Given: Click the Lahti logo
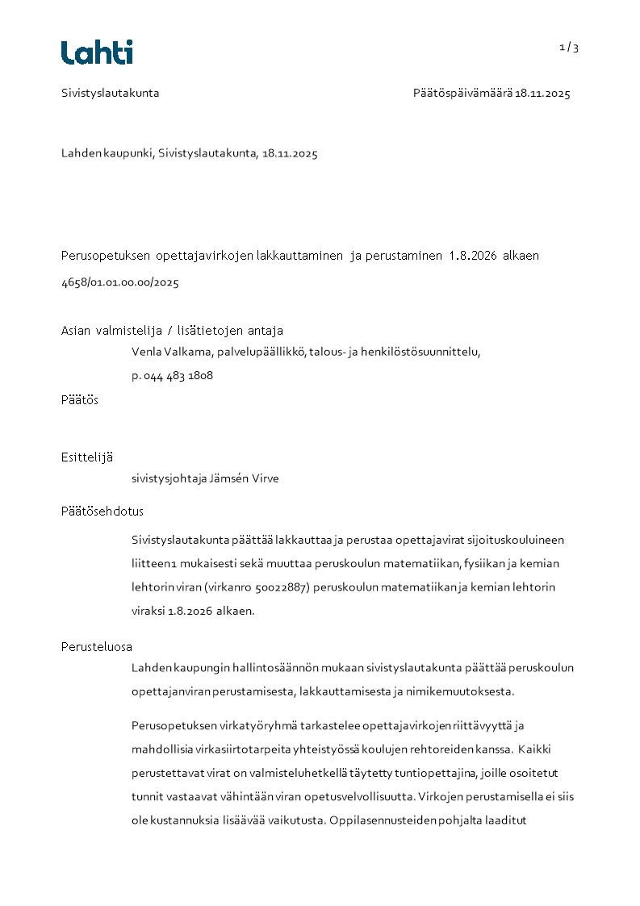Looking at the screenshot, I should [97, 52].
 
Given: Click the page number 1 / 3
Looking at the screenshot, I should [569, 47].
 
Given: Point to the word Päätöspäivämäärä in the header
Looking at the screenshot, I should [462, 93].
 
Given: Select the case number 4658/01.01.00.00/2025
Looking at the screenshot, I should [120, 282].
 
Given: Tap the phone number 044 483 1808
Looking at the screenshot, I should [178, 375].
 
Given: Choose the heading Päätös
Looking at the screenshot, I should [80, 399].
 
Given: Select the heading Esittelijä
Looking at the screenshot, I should [87, 457].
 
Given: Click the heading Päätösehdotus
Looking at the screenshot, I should [102, 511].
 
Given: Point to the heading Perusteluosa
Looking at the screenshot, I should [97, 646].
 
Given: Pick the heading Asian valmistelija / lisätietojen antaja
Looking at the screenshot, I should [172, 330].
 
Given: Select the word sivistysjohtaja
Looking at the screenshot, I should [168, 478].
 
